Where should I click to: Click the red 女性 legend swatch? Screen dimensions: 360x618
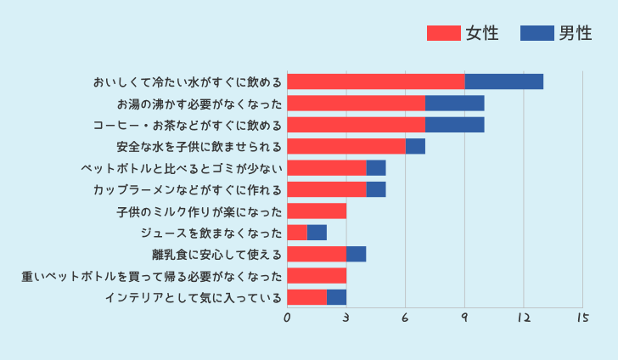443,33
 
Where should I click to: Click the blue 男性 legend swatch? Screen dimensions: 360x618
537,33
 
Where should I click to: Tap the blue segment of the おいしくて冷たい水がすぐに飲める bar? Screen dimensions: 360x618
504,82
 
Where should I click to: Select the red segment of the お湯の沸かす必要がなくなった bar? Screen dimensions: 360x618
357,104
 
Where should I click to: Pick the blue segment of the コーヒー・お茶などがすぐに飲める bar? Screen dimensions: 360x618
455,125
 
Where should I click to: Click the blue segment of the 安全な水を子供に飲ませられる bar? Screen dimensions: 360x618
415,146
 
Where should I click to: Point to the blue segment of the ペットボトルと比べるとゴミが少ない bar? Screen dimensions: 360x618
376,168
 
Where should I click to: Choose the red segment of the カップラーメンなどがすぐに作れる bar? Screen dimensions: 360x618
327,189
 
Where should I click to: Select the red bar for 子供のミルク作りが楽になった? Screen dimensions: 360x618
317,211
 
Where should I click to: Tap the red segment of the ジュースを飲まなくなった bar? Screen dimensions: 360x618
297,233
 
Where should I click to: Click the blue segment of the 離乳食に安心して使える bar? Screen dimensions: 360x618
357,254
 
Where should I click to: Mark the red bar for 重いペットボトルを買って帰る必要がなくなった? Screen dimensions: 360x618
317,275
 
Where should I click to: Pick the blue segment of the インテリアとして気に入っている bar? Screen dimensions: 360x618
337,297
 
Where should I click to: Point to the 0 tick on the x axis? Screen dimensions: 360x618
288,318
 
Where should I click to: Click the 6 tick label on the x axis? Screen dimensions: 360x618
405,318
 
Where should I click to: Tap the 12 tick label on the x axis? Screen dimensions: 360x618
523,318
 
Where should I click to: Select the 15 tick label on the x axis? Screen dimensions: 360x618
582,318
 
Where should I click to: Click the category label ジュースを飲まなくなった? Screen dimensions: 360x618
211,233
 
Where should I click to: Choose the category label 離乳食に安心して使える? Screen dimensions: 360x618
216,254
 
